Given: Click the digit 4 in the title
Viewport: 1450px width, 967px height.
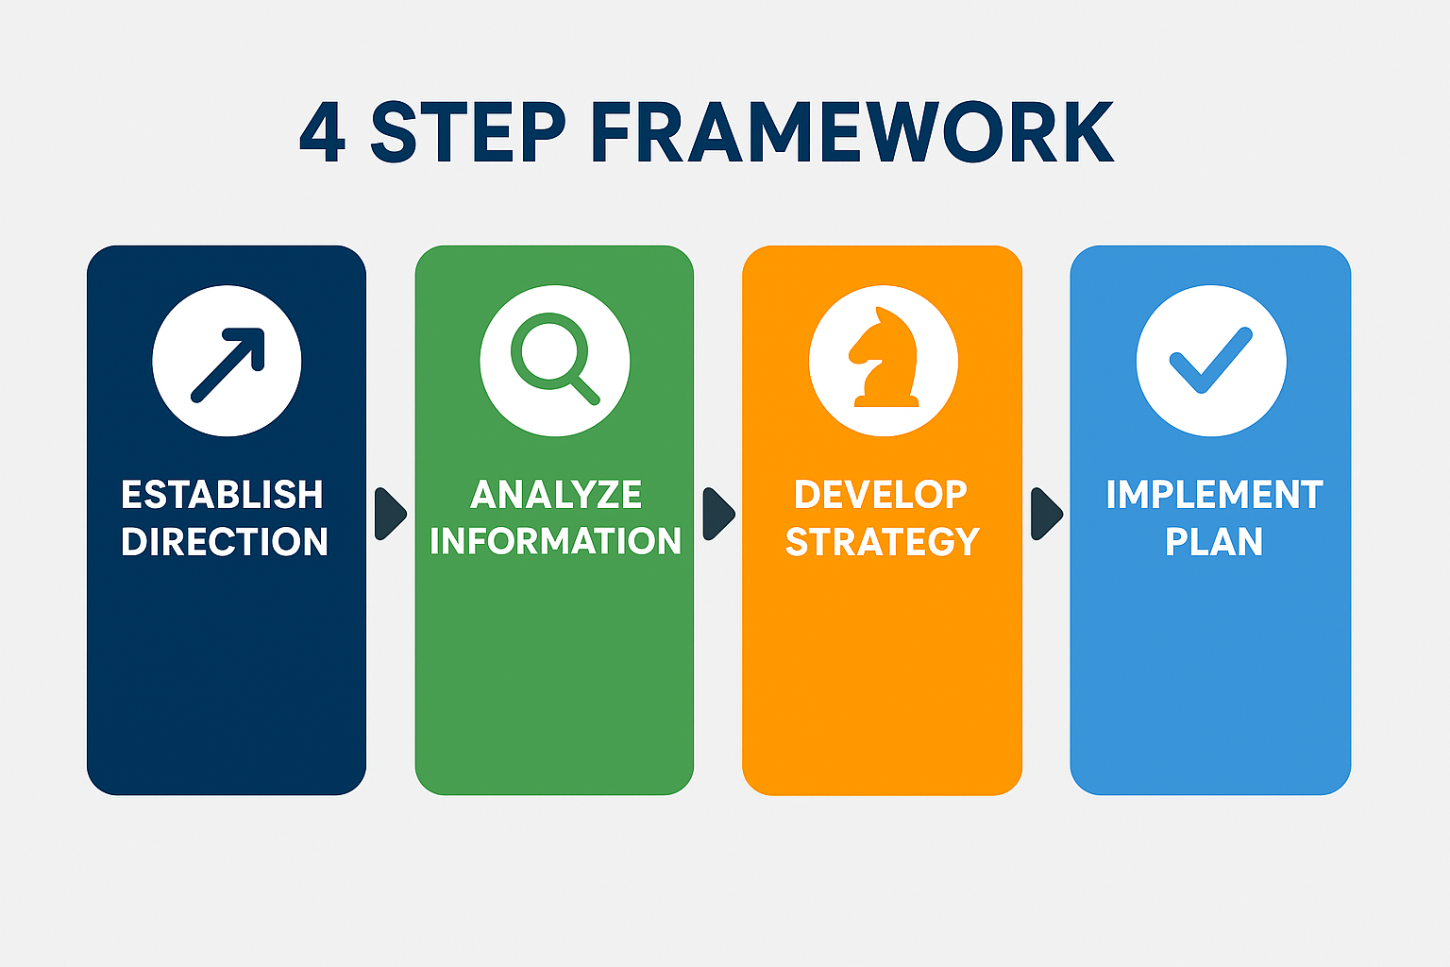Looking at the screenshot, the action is click(x=322, y=131).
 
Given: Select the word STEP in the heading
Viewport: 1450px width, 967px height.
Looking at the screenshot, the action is click(x=468, y=131).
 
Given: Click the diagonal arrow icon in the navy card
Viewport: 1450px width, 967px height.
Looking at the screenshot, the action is click(x=228, y=365).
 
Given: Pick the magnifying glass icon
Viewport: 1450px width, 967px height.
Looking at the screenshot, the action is click(x=555, y=359).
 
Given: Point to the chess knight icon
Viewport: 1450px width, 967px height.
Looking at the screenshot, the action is click(x=884, y=357).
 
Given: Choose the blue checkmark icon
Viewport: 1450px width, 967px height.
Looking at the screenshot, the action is click(x=1211, y=360).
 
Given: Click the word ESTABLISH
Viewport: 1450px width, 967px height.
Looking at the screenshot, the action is click(x=222, y=495).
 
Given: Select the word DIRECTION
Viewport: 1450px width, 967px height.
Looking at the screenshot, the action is click(x=225, y=541).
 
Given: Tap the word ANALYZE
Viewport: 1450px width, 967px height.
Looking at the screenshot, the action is click(x=556, y=495).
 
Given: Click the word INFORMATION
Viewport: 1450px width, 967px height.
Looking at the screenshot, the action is click(x=555, y=541).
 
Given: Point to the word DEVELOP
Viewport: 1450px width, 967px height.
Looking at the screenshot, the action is click(x=881, y=495).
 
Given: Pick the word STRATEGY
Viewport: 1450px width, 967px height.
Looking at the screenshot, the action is click(x=883, y=541).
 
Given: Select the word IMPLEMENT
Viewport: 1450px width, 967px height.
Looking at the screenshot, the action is click(x=1215, y=495).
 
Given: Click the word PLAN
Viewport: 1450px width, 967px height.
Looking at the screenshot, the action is click(x=1214, y=541).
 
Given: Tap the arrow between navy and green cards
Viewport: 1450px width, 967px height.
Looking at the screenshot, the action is click(x=390, y=514).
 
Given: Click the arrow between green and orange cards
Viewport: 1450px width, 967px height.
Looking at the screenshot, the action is click(x=718, y=514).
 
